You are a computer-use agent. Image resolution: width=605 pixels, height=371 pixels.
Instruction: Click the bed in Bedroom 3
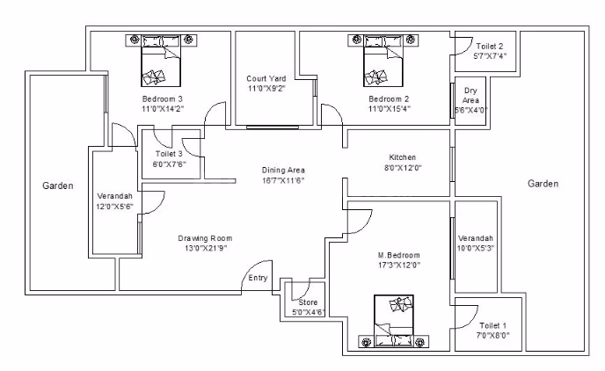click(161, 61)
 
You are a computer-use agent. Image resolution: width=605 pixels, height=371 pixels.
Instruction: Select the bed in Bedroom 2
click(383, 61)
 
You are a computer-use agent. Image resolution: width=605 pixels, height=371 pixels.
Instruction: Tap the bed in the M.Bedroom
click(394, 321)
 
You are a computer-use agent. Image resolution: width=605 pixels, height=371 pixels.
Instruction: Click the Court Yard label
click(266, 78)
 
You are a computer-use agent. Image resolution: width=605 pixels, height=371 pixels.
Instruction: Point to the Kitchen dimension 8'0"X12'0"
click(403, 168)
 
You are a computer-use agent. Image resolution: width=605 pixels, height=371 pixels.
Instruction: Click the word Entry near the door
click(258, 278)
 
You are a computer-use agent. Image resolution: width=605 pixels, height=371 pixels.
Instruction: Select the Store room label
click(308, 302)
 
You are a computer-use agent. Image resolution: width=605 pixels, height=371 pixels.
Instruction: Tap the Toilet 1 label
click(492, 325)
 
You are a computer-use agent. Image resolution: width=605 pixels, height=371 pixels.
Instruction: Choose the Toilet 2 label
click(490, 46)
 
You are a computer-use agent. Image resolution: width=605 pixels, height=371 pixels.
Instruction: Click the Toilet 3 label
click(169, 154)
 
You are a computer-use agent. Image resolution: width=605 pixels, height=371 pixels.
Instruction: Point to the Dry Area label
click(470, 95)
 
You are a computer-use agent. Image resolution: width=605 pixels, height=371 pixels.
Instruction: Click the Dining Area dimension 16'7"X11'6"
click(283, 180)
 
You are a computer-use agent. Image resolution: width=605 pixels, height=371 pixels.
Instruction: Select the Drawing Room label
click(205, 238)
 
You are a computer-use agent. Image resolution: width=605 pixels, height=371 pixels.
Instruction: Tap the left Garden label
click(58, 185)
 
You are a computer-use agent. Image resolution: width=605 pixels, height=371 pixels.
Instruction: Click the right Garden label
click(543, 184)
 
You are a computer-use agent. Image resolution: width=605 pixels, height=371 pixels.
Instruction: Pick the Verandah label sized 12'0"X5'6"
click(114, 196)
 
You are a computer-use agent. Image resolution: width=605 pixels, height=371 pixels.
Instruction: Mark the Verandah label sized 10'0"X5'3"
click(476, 238)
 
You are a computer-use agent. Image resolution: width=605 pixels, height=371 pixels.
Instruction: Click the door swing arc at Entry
click(251, 267)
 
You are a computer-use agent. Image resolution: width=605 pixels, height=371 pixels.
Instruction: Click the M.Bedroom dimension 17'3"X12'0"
click(399, 265)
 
